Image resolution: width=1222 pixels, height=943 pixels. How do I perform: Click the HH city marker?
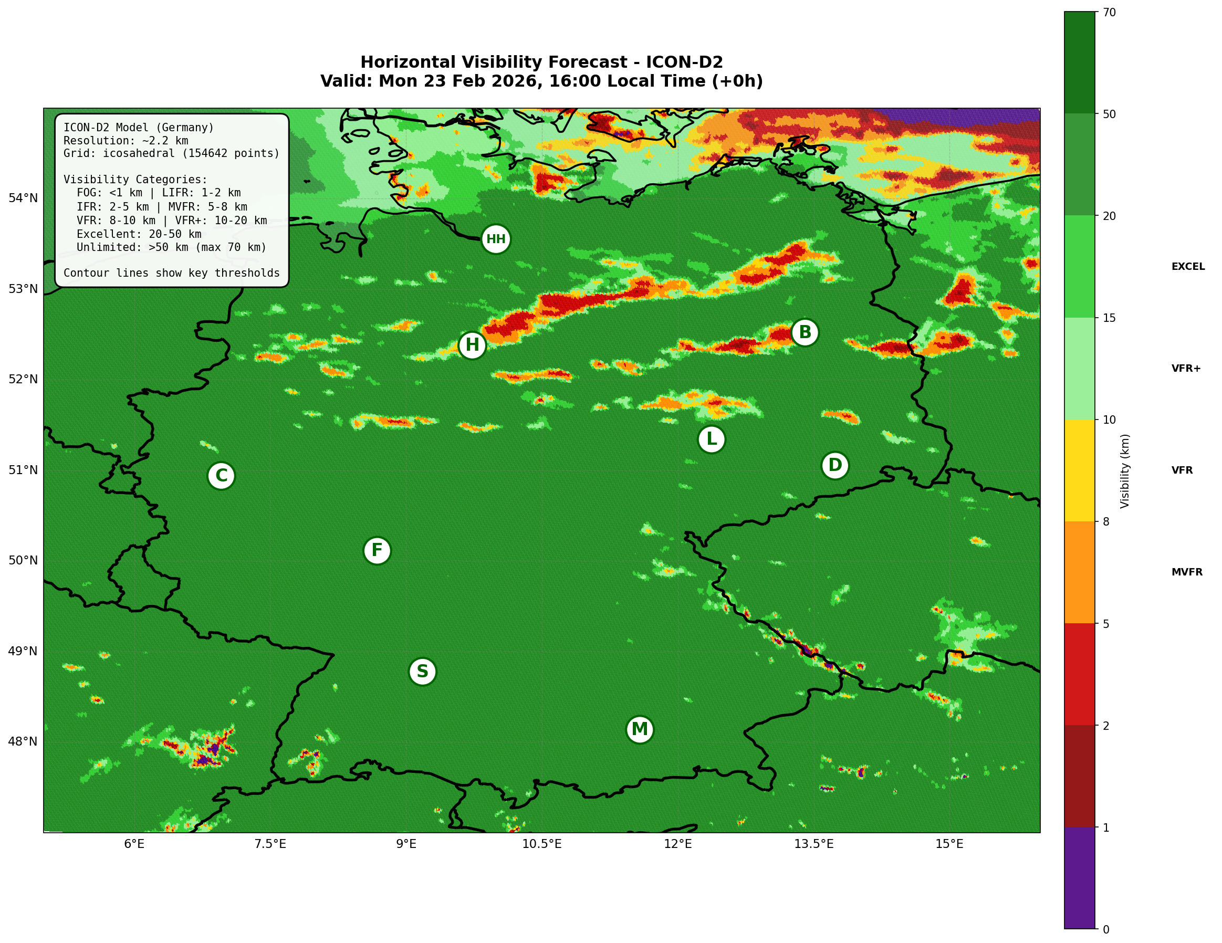click(x=495, y=239)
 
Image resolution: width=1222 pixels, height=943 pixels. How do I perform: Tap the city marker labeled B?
click(x=805, y=332)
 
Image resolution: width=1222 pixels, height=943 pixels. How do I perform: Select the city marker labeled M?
click(x=640, y=729)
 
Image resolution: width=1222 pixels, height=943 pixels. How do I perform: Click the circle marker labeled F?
click(x=377, y=550)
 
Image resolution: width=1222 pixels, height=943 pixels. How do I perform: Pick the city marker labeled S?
click(x=422, y=671)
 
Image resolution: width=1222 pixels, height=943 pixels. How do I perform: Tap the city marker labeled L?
click(x=711, y=439)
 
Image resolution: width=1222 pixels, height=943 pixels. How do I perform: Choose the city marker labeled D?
click(x=835, y=465)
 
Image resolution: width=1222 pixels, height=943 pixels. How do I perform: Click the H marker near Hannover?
click(x=472, y=345)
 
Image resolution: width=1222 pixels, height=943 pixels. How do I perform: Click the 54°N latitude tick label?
click(x=23, y=198)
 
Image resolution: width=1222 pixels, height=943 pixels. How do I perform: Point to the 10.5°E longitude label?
click(x=541, y=844)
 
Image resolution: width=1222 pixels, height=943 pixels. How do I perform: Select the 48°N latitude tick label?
click(x=23, y=742)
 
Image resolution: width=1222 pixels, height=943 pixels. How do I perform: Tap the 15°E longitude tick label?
click(x=949, y=844)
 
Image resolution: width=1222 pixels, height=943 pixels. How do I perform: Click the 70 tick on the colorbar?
click(x=1109, y=12)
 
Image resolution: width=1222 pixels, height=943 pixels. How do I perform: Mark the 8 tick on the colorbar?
click(x=1105, y=522)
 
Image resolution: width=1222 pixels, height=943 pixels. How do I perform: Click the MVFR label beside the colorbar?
click(x=1187, y=572)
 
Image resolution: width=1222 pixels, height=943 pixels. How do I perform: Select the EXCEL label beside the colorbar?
click(x=1188, y=267)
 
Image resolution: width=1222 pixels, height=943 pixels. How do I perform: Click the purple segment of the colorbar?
click(x=1079, y=877)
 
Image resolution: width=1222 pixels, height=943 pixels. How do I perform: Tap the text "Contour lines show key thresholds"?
click(x=171, y=273)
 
